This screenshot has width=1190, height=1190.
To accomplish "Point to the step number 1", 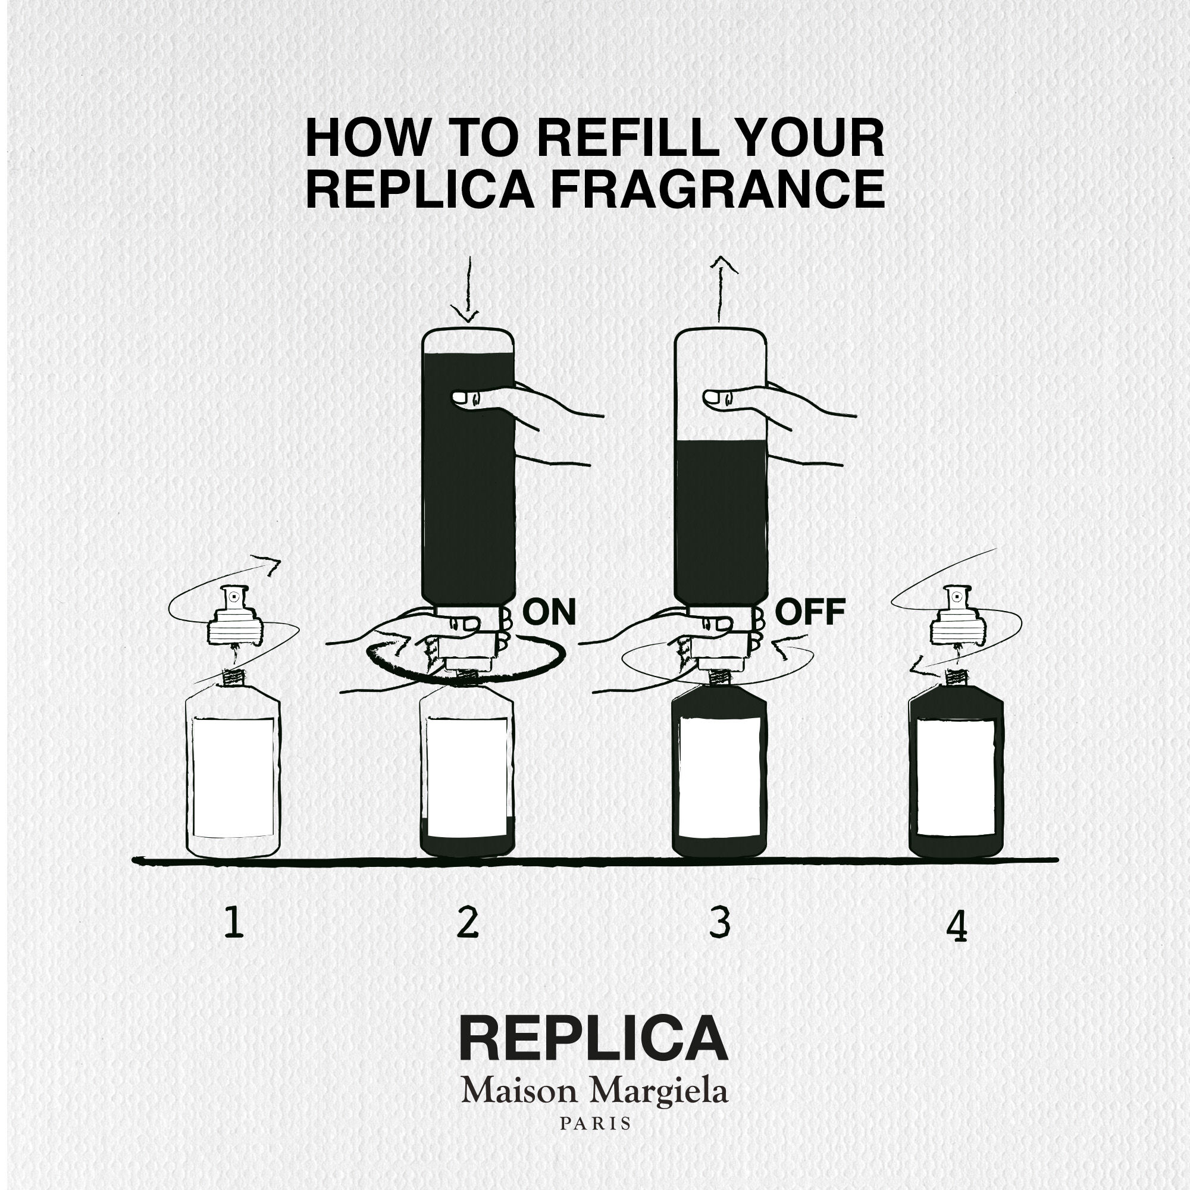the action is (x=233, y=923).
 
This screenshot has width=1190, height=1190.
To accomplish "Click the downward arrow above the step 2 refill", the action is (x=468, y=290).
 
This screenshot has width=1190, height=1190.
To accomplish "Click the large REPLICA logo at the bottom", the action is (x=594, y=1038).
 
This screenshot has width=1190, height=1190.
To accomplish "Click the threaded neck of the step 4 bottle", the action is (x=957, y=678).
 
